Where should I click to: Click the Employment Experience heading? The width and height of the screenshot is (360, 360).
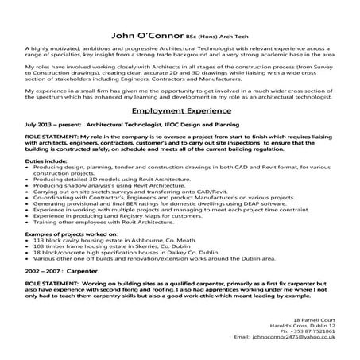pos(180,112)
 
